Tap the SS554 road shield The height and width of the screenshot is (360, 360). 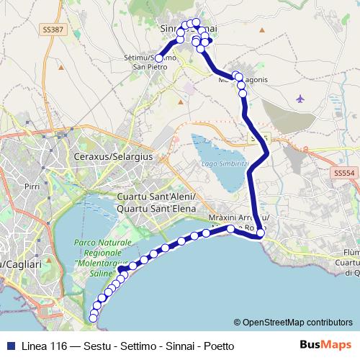click(345, 174)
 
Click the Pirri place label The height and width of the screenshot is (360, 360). click(31, 186)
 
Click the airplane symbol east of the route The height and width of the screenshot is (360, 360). click(300, 98)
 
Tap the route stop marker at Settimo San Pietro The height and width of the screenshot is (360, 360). click(158, 58)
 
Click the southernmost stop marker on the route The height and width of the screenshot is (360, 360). click(92, 318)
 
